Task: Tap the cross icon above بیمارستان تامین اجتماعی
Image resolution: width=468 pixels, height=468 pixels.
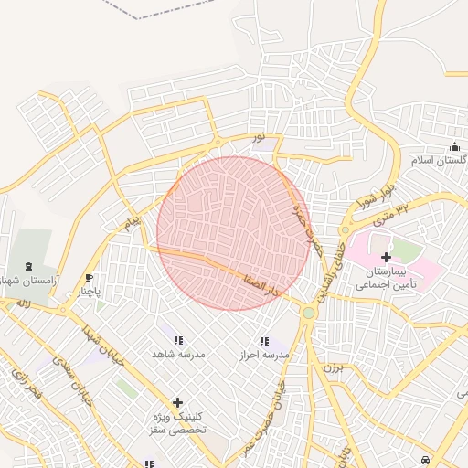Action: (x=386, y=258)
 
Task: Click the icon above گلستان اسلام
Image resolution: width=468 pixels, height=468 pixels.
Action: (x=454, y=147)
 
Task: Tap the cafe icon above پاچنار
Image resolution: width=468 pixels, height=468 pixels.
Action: (x=89, y=278)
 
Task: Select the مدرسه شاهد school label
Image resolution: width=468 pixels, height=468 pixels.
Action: (x=178, y=353)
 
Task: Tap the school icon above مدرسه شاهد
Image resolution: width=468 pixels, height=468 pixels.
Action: (x=178, y=340)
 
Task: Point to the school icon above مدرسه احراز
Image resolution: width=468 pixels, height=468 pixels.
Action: (x=263, y=341)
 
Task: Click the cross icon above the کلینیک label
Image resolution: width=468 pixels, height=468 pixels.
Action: (x=177, y=402)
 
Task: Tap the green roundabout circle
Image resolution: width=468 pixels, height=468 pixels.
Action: (x=309, y=314)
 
